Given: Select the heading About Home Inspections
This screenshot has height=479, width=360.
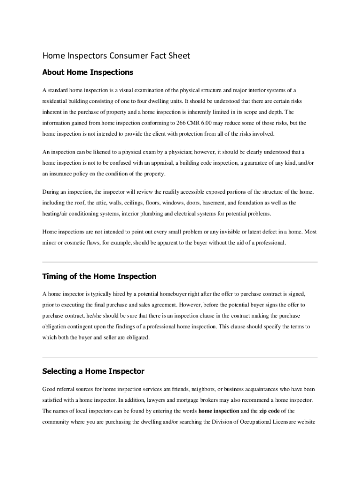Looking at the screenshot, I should click(88, 73).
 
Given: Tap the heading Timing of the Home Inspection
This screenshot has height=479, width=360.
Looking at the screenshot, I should click(99, 276).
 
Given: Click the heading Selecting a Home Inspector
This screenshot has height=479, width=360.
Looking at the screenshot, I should click(93, 371).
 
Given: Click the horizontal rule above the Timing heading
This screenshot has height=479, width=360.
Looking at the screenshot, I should click(180, 262).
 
